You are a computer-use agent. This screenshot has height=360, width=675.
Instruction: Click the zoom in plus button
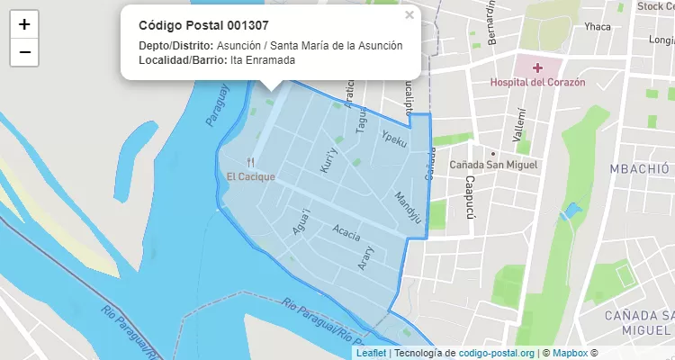[24, 24]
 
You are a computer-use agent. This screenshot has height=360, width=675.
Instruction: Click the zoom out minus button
[24, 52]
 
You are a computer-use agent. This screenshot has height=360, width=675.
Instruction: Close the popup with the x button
[409, 15]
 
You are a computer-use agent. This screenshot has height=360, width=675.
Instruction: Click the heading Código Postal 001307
[203, 25]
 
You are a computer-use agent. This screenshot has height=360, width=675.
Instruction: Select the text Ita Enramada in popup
[263, 60]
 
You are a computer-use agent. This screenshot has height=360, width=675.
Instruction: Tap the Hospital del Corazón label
[537, 82]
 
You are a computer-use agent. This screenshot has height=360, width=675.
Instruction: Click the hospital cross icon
[537, 67]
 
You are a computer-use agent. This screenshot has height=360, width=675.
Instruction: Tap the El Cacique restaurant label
[251, 176]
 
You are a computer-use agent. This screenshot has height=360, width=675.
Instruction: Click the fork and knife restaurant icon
[251, 163]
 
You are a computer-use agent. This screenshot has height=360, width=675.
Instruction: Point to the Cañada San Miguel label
[493, 166]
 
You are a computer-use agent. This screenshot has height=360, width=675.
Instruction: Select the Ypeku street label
[394, 139]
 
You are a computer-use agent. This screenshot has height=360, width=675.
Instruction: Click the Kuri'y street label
[328, 159]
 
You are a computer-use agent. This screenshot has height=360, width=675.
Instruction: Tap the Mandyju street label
[408, 206]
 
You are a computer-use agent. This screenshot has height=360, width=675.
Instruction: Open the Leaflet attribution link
[372, 353]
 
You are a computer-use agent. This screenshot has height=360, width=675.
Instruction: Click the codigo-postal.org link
[497, 353]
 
